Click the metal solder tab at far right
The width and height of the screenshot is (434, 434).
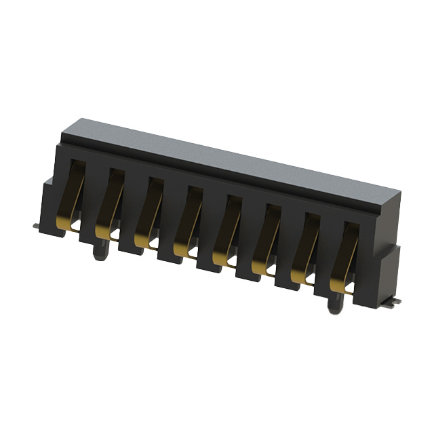click(x=395, y=300)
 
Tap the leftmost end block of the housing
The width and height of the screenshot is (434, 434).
click(x=50, y=203)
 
